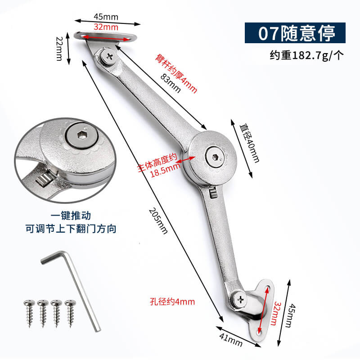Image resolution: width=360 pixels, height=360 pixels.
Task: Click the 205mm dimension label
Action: click(x=158, y=221)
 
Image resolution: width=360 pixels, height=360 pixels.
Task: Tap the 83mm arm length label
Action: click(x=171, y=83)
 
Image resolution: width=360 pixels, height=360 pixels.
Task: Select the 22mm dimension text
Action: click(x=59, y=49)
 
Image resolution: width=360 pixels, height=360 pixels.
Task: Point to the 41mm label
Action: click(x=230, y=340)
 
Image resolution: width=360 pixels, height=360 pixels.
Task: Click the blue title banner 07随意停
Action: click(x=295, y=33)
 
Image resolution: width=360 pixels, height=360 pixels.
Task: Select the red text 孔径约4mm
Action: click(x=172, y=301)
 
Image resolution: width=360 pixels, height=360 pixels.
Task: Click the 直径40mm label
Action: click(x=249, y=143)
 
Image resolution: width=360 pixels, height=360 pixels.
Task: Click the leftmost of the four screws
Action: click(x=29, y=313)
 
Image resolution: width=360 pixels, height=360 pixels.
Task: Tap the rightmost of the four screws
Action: click(x=70, y=313)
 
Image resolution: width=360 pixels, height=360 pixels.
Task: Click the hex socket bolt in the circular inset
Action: click(x=81, y=136)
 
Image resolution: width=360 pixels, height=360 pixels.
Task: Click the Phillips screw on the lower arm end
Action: click(x=240, y=299)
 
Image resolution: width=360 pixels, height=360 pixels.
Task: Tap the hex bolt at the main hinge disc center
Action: click(x=215, y=157)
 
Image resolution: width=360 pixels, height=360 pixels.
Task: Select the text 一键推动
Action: click(x=71, y=216)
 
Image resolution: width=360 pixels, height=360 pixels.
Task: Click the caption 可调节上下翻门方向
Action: click(x=71, y=229)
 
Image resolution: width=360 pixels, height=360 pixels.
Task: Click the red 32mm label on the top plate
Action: click(x=106, y=27)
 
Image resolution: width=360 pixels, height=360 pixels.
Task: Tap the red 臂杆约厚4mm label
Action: click(x=176, y=73)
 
